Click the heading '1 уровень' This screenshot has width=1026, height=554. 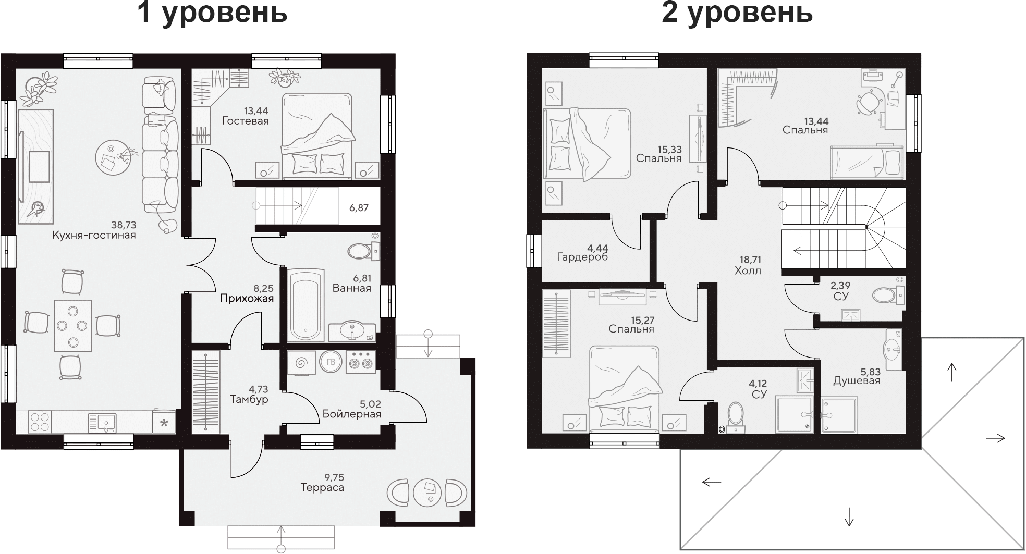tap(212, 13)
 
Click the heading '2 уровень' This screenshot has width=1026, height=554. tap(737, 13)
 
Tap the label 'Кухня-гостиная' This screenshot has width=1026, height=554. tap(94, 235)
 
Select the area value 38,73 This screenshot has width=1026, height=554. tap(124, 225)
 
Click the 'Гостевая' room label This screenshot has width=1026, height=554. tap(245, 121)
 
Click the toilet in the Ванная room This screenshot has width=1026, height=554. tap(360, 251)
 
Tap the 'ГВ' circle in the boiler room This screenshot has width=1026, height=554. tap(330, 363)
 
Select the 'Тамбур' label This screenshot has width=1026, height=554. tap(249, 399)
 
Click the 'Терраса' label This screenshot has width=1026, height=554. tap(322, 488)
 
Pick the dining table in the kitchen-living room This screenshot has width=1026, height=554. tap(73, 325)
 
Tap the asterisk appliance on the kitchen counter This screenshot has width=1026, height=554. tap(164, 423)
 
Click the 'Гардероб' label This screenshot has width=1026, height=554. tap(582, 256)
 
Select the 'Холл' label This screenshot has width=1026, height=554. tap(748, 270)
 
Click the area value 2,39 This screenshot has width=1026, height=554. tap(840, 286)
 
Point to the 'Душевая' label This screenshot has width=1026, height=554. tap(856, 380)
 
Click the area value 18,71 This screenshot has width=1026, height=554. tap(750, 260)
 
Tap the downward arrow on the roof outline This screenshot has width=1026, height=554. tap(849, 516)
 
